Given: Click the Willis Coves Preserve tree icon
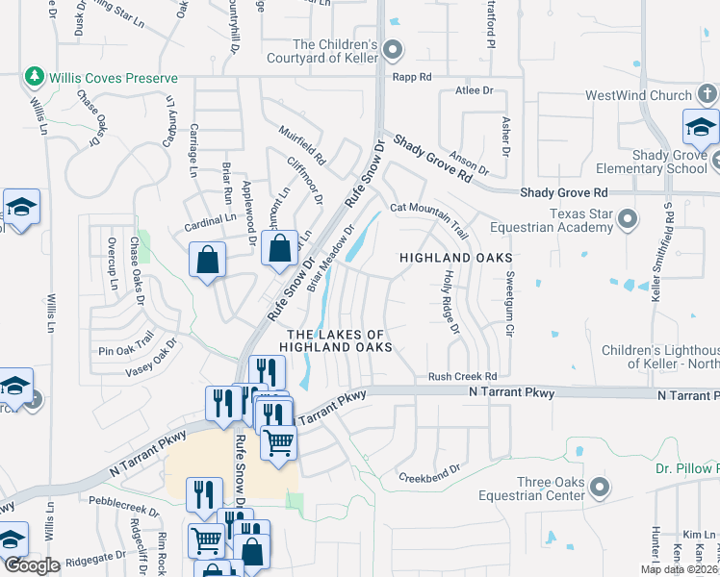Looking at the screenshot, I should click(35, 76).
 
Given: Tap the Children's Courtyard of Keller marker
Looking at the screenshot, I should click(392, 50).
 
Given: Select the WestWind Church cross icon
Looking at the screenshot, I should click(707, 95).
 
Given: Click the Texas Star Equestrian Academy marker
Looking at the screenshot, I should click(628, 219).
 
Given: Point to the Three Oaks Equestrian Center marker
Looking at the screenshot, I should click(601, 487).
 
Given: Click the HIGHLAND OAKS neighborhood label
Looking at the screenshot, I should click(454, 259).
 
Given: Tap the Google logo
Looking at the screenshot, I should click(32, 565).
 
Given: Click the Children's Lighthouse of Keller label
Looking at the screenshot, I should click(660, 356).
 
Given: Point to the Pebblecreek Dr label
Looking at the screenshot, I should click(122, 501).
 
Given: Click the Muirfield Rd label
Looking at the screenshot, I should click(304, 142).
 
